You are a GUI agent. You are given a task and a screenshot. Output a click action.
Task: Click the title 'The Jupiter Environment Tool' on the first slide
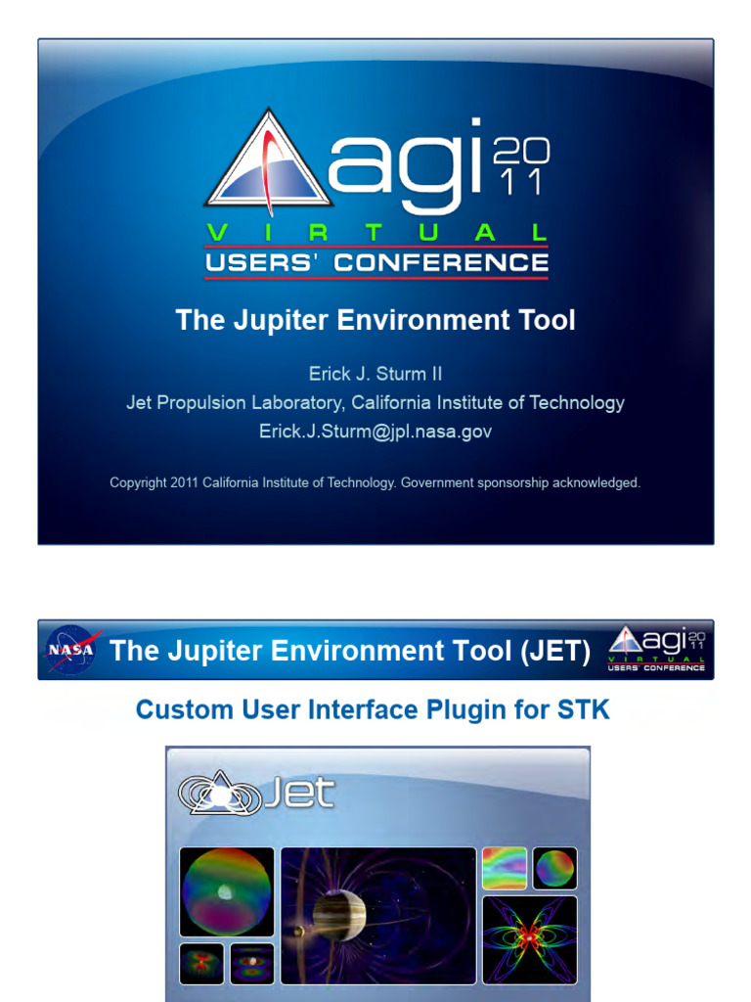pyautogui.click(x=375, y=320)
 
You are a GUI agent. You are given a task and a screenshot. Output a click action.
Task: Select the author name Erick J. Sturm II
pyautogui.click(x=375, y=374)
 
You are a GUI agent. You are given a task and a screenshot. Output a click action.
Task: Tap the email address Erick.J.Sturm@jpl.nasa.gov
pyautogui.click(x=375, y=431)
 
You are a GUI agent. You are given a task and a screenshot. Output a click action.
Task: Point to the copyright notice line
pyautogui.click(x=375, y=482)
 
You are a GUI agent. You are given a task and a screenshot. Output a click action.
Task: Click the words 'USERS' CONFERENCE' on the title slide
pyautogui.click(x=375, y=263)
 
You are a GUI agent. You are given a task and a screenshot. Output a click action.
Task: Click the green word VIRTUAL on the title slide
pyautogui.click(x=375, y=233)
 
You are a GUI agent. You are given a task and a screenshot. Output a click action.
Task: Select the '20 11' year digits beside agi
pyautogui.click(x=521, y=166)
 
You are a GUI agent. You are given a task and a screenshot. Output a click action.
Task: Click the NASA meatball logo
pyautogui.click(x=70, y=650)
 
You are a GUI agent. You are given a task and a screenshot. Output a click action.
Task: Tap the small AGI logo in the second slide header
pyautogui.click(x=656, y=649)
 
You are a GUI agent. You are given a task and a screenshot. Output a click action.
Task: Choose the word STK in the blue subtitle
pyautogui.click(x=586, y=709)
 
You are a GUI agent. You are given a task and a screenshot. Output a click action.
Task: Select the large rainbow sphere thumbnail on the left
pyautogui.click(x=227, y=891)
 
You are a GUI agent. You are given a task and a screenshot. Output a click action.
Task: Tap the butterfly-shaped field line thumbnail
pyautogui.click(x=529, y=939)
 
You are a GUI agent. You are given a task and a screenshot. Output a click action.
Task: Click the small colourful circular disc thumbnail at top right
pyautogui.click(x=554, y=868)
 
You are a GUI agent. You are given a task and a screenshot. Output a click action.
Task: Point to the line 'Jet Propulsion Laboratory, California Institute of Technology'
pyautogui.click(x=375, y=402)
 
